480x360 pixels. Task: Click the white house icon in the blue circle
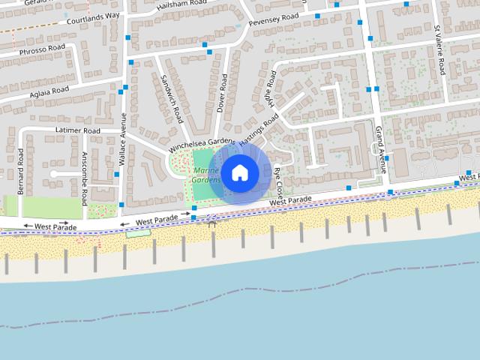coord(239,173)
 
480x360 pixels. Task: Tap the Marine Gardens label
coord(205,175)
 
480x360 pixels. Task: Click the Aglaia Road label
coord(49,91)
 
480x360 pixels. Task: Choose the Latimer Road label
coord(77,130)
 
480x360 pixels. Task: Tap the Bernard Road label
coord(21,171)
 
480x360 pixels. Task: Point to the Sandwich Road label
coord(172,99)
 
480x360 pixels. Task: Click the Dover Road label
coord(222,94)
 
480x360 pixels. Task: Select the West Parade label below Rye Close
coord(290,201)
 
